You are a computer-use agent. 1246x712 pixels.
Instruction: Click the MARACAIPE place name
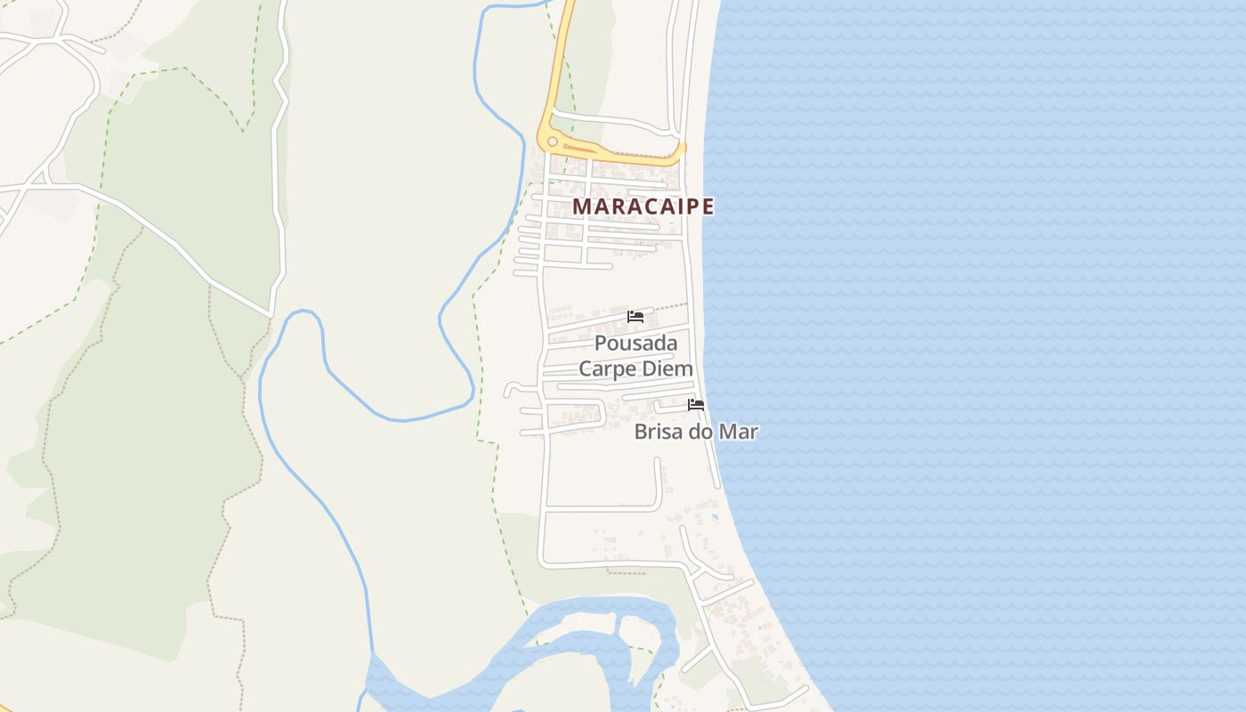tap(643, 206)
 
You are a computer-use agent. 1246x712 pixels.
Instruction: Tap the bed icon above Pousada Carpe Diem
tap(635, 317)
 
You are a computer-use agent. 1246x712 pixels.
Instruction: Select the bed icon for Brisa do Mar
tap(696, 405)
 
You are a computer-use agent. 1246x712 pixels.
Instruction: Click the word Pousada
tap(635, 344)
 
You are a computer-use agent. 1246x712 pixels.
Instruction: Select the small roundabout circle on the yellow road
tap(553, 142)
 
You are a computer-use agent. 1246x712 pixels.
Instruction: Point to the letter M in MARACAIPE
tap(581, 206)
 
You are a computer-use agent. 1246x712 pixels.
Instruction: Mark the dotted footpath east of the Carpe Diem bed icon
tap(672, 307)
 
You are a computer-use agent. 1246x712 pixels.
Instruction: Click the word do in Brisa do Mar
tap(702, 433)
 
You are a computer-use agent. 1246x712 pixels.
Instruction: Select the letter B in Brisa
tap(641, 433)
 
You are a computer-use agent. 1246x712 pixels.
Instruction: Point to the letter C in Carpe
tap(586, 368)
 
